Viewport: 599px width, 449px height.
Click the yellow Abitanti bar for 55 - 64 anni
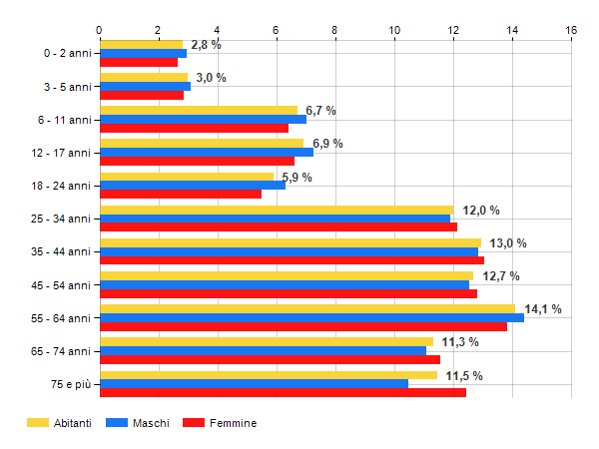[x=306, y=309]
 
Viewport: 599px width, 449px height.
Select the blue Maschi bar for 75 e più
[x=254, y=384]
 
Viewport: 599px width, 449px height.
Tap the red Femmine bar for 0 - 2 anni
[x=138, y=62]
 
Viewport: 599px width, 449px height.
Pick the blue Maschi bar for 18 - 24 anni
[x=192, y=185]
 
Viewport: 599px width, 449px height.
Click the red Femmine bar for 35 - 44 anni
[x=292, y=260]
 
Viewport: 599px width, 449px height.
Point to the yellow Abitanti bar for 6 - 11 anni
[x=198, y=110]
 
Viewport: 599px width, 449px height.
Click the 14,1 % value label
[x=543, y=309]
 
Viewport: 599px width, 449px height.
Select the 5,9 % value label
[x=297, y=178]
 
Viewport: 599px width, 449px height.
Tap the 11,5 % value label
[x=463, y=375]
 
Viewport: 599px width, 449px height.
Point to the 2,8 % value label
[x=206, y=45]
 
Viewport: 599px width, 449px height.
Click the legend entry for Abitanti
[x=60, y=423]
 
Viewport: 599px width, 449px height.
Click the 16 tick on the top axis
[x=571, y=30]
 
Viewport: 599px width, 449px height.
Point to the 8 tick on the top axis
[x=335, y=30]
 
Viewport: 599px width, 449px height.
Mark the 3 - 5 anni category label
[x=66, y=87]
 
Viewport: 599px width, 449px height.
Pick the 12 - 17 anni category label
[x=61, y=153]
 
